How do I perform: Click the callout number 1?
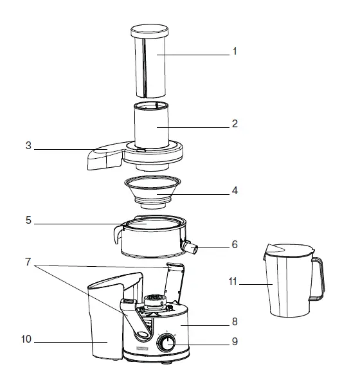235,52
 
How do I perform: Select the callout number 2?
235,124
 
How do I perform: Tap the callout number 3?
28,146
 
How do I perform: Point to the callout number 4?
235,191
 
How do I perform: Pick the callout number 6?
235,245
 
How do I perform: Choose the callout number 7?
28,262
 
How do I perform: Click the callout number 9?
235,341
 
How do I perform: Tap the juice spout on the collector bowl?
190,246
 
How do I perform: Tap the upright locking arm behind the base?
174,280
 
